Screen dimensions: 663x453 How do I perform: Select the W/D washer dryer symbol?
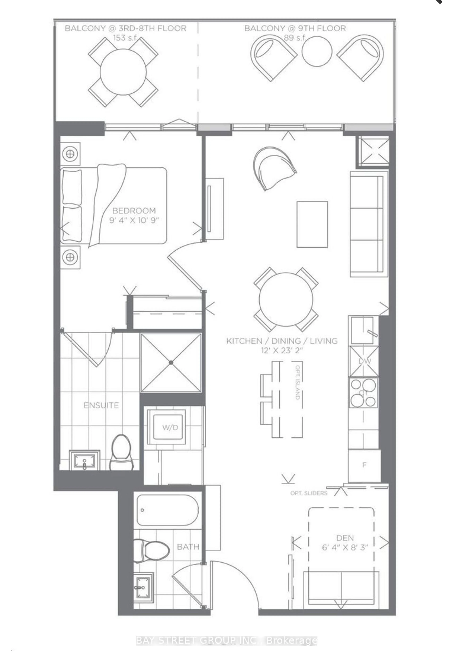pyautogui.click(x=170, y=427)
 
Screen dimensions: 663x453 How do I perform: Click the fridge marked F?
pyautogui.click(x=364, y=465)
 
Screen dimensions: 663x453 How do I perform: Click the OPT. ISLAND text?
pyautogui.click(x=298, y=382)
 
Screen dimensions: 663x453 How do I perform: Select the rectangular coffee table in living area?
pyautogui.click(x=312, y=224)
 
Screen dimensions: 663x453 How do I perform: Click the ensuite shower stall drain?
pyautogui.click(x=171, y=363)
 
